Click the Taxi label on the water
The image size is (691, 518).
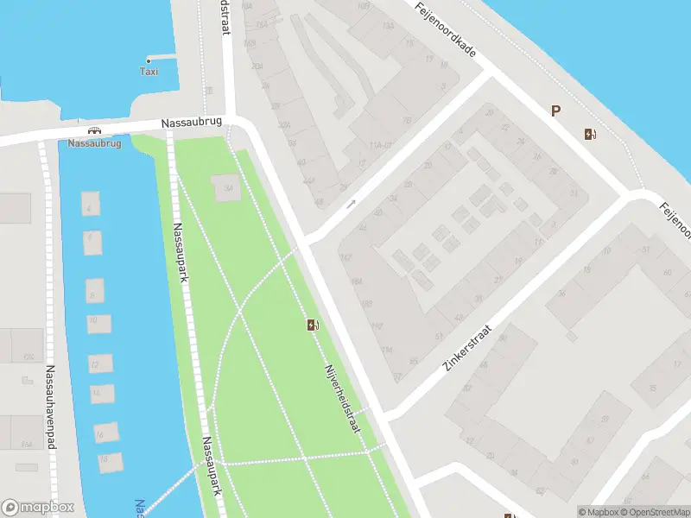[149, 72]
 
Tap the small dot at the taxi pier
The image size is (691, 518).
[149, 60]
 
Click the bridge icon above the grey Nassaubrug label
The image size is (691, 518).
[94, 131]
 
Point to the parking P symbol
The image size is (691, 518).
[556, 111]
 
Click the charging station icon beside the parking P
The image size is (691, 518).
[590, 134]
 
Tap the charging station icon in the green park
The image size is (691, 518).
[312, 325]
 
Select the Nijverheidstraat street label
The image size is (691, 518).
[342, 400]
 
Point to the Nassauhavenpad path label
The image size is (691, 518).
[49, 406]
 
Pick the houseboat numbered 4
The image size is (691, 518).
[89, 205]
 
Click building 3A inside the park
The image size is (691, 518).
[226, 188]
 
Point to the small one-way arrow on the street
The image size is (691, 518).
[351, 205]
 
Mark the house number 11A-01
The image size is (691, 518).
[381, 144]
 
